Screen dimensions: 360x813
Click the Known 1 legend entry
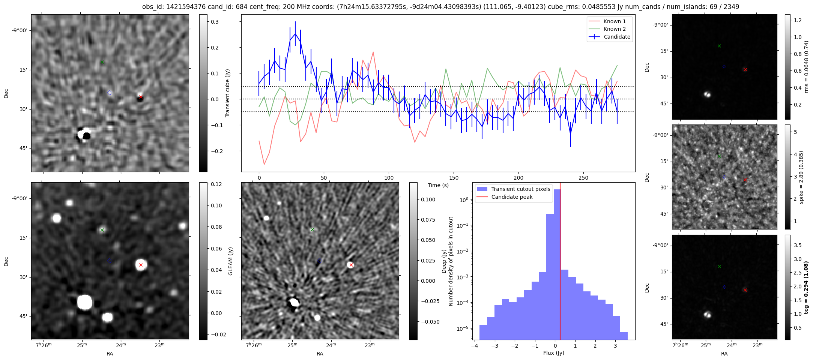(x=614, y=21)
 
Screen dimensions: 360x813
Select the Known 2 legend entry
(x=614, y=29)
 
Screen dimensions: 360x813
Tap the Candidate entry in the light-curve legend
(x=617, y=37)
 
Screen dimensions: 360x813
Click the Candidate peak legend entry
(x=512, y=197)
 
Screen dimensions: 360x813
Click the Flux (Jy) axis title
(x=553, y=353)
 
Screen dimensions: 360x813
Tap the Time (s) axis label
(x=438, y=185)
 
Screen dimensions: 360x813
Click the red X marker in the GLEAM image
(x=141, y=265)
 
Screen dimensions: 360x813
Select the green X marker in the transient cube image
(x=102, y=62)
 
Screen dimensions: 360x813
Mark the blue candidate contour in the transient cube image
(x=110, y=93)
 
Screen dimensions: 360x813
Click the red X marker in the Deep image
(x=351, y=265)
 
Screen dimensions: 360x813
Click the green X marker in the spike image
(x=719, y=156)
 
